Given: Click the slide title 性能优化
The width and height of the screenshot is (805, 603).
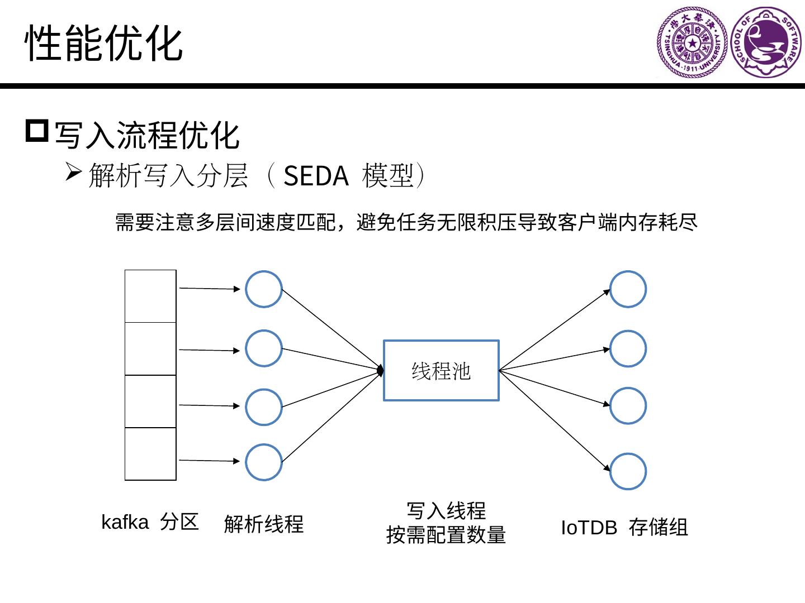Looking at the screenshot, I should pyautogui.click(x=104, y=43).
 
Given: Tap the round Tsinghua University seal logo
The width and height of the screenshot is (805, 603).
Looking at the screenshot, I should pyautogui.click(x=692, y=42).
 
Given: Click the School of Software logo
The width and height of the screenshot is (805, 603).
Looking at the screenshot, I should pyautogui.click(x=766, y=42).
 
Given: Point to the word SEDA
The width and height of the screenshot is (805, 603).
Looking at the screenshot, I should pyautogui.click(x=316, y=176).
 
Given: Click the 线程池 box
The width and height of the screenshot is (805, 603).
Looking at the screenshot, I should pyautogui.click(x=441, y=371).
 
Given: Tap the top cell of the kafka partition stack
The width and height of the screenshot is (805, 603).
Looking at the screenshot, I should pyautogui.click(x=150, y=296).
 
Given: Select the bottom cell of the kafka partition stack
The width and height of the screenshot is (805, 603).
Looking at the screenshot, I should pyautogui.click(x=150, y=454).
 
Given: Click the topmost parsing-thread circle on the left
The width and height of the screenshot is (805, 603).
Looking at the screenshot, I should pyautogui.click(x=263, y=289).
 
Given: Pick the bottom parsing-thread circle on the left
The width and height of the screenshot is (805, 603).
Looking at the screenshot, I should pyautogui.click(x=263, y=462).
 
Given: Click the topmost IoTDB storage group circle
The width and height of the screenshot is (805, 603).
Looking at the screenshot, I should pyautogui.click(x=628, y=289).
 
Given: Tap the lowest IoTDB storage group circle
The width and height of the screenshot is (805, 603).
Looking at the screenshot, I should pyautogui.click(x=628, y=471).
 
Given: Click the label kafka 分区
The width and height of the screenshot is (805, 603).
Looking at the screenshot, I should pyautogui.click(x=150, y=522).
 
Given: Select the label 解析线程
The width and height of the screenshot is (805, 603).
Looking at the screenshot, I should pyautogui.click(x=263, y=524).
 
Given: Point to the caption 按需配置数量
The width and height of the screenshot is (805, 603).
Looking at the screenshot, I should pyautogui.click(x=446, y=535).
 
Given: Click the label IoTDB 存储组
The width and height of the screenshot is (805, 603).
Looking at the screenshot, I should pyautogui.click(x=624, y=528).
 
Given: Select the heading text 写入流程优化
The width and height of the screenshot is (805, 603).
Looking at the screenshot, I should pyautogui.click(x=147, y=135).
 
